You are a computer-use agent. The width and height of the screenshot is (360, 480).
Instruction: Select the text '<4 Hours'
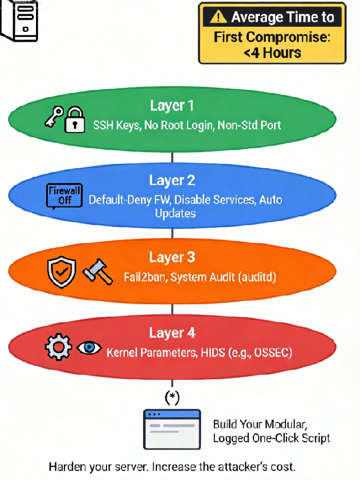pyautogui.click(x=272, y=53)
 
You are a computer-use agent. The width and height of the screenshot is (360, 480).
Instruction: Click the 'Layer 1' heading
pyautogui.click(x=172, y=106)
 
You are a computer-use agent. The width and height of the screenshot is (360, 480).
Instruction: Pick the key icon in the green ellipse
pyautogui.click(x=53, y=117)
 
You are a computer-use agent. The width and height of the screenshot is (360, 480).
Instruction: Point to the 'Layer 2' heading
pyautogui.click(x=172, y=180)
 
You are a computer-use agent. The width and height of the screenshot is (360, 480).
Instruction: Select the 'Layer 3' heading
pyautogui.click(x=172, y=257)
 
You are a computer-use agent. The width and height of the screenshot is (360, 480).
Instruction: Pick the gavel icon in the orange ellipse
pyautogui.click(x=97, y=272)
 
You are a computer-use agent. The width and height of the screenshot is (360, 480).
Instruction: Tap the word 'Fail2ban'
pyautogui.click(x=145, y=278)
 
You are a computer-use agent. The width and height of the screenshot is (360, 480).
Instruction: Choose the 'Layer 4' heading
pyautogui.click(x=172, y=333)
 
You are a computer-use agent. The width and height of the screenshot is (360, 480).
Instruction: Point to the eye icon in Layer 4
pyautogui.click(x=89, y=348)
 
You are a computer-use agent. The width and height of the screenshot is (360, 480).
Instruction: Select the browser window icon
pyautogui.click(x=172, y=429)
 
